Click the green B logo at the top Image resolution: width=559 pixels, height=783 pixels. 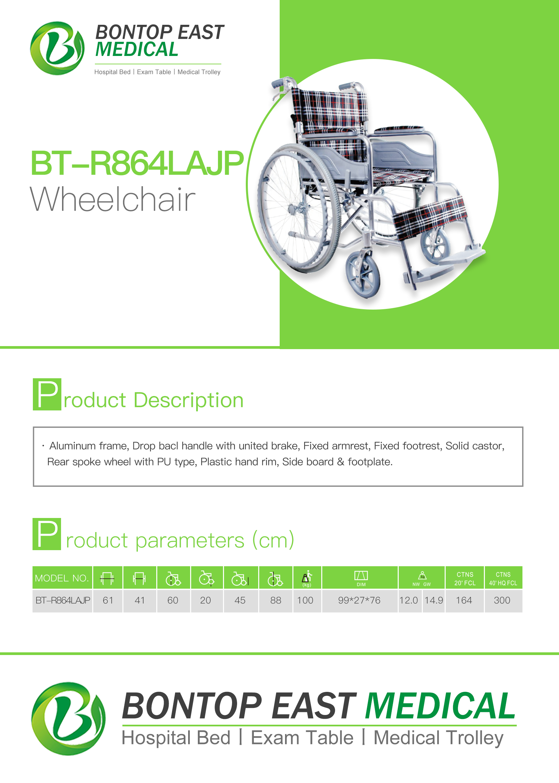57,48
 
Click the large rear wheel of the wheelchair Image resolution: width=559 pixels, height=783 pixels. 299,208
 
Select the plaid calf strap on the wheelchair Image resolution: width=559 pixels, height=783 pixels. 430,218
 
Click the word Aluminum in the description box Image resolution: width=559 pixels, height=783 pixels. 72,446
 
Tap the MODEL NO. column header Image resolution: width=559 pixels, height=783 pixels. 62,578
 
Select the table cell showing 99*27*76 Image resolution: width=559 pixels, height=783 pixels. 359,600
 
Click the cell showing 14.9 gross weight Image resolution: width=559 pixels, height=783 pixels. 433,600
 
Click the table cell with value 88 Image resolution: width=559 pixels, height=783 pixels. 276,600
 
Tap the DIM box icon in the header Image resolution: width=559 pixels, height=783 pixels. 361,576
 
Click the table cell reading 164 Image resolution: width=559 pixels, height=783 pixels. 464,600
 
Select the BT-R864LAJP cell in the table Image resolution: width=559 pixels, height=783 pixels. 63,600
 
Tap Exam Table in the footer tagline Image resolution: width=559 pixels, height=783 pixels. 302,738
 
